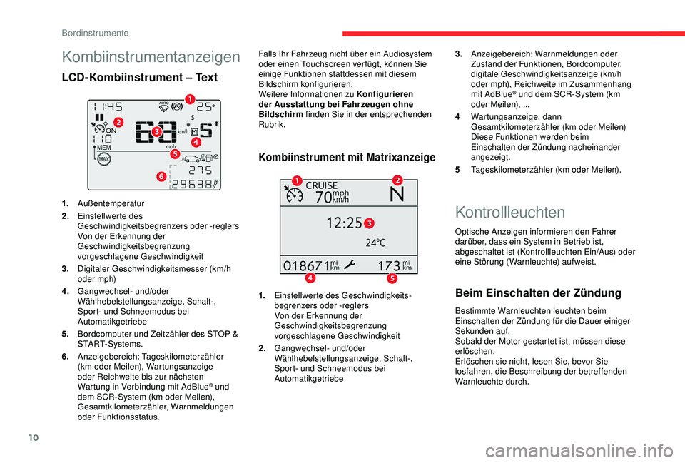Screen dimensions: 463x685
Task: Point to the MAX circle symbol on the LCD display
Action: click(x=104, y=159)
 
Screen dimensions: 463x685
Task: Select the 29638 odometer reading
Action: click(x=191, y=184)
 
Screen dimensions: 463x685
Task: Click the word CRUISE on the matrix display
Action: click(x=321, y=186)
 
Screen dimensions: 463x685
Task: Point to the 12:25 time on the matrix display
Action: click(x=345, y=224)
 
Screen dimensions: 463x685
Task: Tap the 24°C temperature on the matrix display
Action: click(x=376, y=243)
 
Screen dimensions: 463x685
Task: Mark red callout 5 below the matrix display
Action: click(x=391, y=277)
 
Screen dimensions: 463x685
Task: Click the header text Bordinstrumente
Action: click(x=95, y=32)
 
